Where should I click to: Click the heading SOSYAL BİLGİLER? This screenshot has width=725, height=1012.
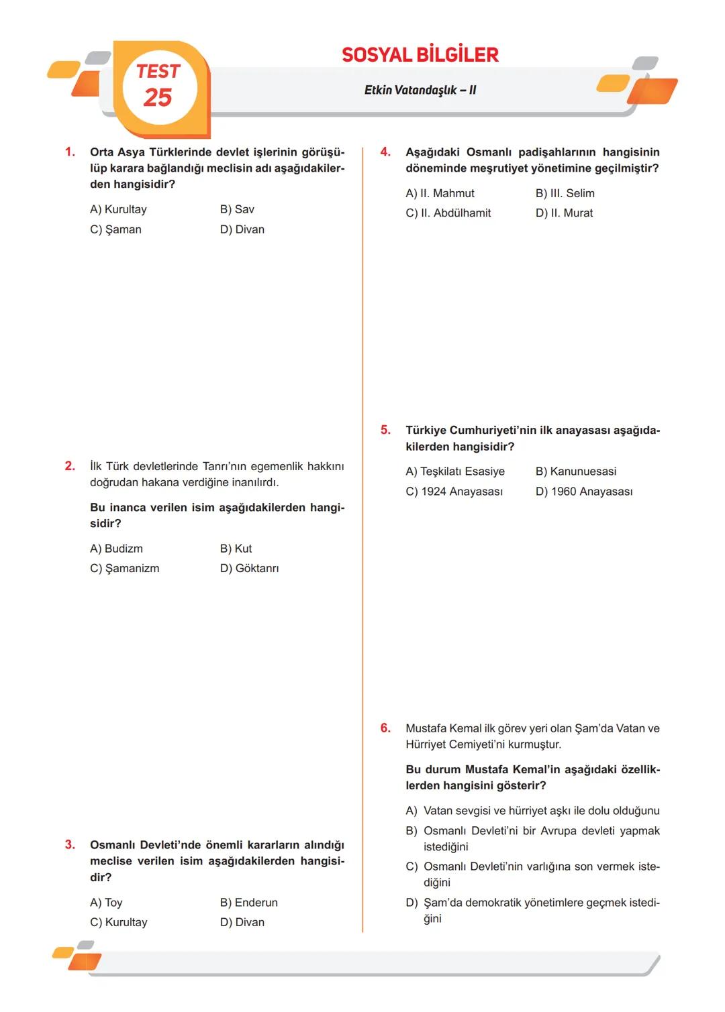420,55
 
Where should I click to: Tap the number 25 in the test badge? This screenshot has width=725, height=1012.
158,98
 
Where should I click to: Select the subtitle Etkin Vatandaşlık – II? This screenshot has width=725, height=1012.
420,90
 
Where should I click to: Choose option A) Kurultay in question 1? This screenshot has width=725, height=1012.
118,209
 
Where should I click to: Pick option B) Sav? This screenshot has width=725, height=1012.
237,209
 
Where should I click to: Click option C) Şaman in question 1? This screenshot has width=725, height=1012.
115,229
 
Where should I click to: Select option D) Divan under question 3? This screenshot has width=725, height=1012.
242,922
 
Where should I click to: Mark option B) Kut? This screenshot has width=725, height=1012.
236,549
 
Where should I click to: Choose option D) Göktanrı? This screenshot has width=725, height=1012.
249,568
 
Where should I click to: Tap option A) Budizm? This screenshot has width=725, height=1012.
116,549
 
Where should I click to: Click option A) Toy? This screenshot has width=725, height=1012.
106,903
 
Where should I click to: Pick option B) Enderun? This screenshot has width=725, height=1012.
248,903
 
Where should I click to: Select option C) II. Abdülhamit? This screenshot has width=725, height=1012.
448,213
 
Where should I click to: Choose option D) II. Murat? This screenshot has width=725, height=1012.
564,213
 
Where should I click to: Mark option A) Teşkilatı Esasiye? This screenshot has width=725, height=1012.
455,471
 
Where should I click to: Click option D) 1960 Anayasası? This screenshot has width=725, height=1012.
583,492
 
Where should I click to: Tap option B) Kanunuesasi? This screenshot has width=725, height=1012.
575,471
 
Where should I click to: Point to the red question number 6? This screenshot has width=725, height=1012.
385,728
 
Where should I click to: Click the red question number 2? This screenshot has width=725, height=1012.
70,466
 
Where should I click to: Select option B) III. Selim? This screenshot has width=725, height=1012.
565,193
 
